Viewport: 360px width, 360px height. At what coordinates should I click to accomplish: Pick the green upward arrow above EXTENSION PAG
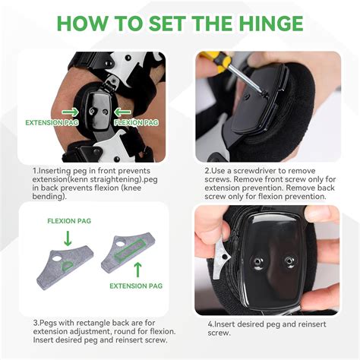137,268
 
